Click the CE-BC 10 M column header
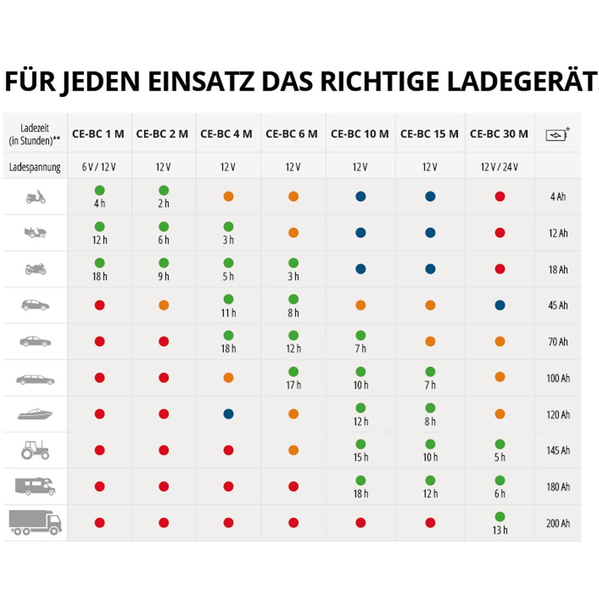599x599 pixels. click(359, 134)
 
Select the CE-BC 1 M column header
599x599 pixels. click(98, 134)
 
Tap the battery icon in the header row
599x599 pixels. click(557, 135)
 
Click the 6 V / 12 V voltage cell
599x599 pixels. click(99, 167)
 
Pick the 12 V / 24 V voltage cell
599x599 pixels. click(499, 167)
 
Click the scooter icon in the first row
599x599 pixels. click(36, 197)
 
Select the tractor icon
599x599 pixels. click(35, 450)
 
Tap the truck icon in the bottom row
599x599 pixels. click(35, 522)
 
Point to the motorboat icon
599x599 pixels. click(35, 414)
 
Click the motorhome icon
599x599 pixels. click(35, 486)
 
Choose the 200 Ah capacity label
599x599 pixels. click(558, 523)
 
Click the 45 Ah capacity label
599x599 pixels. click(558, 305)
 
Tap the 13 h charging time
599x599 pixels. click(500, 530)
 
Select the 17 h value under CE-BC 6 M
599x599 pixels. click(294, 385)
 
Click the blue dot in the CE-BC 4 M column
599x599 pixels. click(228, 414)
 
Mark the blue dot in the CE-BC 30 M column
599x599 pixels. click(500, 305)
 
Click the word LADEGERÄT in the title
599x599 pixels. click(521, 81)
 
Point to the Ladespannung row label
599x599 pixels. click(35, 167)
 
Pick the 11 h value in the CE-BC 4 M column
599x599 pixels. click(228, 313)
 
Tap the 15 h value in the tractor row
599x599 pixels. click(361, 457)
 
